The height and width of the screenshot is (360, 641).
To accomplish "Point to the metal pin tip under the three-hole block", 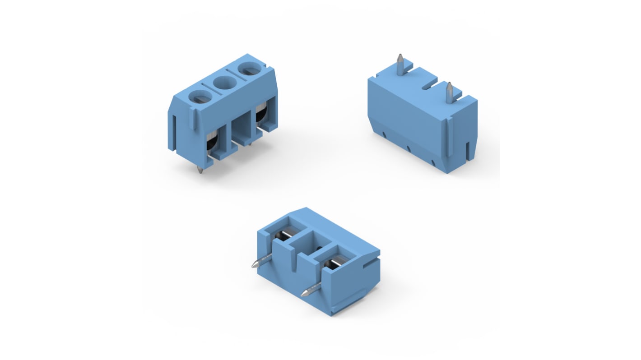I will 200,170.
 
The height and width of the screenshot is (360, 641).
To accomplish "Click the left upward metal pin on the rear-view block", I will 400,63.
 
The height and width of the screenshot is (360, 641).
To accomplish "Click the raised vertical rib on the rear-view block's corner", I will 450,138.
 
